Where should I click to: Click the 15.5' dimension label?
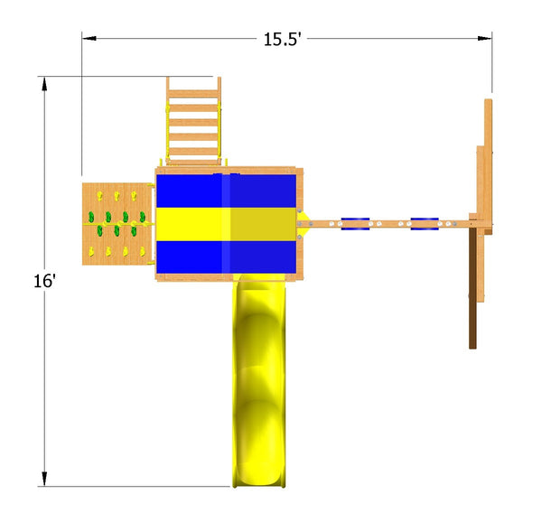click(282, 40)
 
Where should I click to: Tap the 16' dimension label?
click(44, 281)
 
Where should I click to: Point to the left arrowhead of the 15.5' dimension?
click(89, 38)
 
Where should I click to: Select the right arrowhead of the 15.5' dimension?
click(484, 38)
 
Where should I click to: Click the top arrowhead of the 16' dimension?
click(44, 84)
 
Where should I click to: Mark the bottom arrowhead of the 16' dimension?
click(44, 479)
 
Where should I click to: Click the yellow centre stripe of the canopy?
click(226, 224)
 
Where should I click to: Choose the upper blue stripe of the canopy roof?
click(226, 191)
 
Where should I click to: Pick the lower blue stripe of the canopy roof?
click(226, 257)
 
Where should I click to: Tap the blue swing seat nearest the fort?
click(355, 224)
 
